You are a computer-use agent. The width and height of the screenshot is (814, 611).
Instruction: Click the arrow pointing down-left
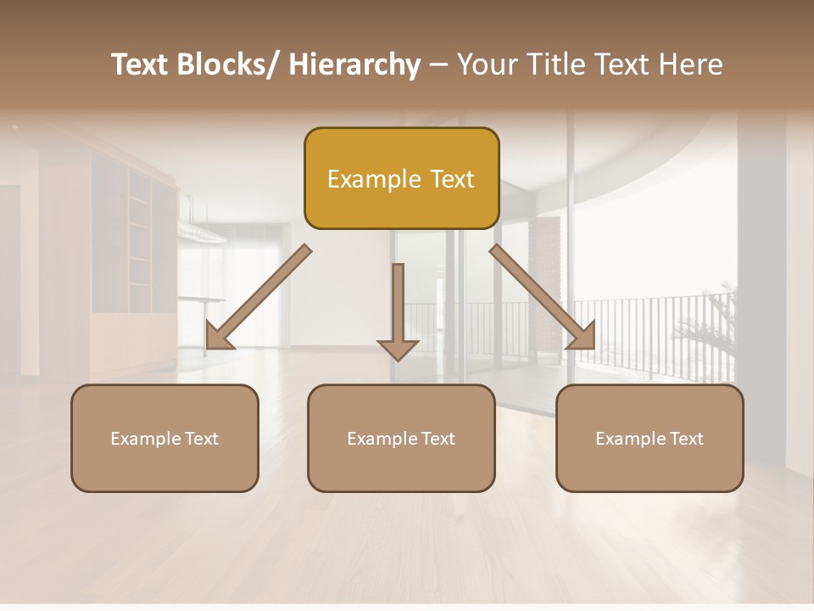pyautogui.click(x=259, y=297)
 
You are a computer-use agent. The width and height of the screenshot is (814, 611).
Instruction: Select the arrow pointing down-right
pyautogui.click(x=543, y=297)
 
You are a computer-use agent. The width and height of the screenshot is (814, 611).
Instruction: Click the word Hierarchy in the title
pyautogui.click(x=354, y=64)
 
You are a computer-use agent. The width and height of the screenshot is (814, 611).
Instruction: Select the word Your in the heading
pyautogui.click(x=486, y=64)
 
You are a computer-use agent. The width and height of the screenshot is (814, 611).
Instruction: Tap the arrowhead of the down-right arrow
pyautogui.click(x=583, y=337)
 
